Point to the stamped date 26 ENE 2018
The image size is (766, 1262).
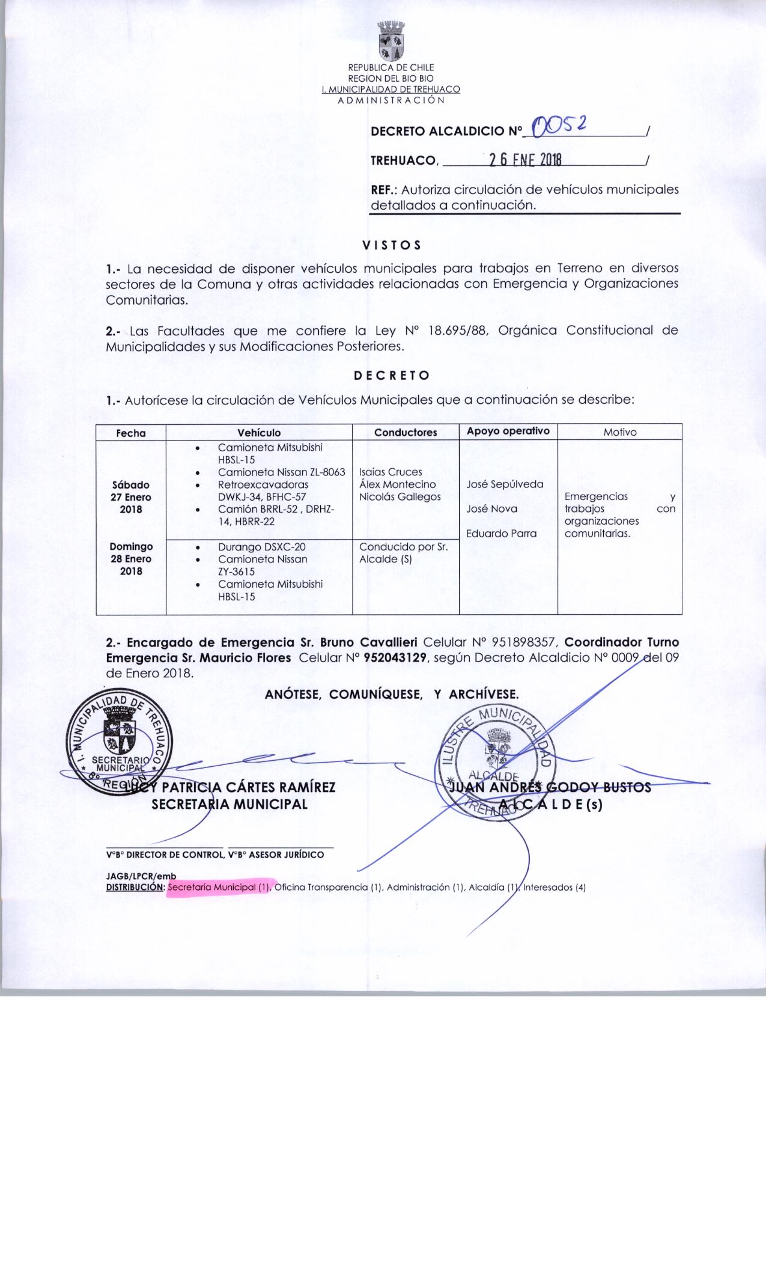[524, 159]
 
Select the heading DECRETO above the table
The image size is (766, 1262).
[391, 376]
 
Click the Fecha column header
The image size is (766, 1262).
[131, 433]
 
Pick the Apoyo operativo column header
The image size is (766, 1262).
[508, 431]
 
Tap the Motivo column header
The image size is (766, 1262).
[619, 432]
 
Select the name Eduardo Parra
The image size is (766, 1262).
[501, 534]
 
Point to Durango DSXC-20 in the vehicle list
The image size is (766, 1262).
[261, 547]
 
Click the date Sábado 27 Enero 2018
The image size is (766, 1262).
[131, 497]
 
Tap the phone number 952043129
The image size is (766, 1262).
[396, 657]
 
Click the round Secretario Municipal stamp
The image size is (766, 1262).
[120, 744]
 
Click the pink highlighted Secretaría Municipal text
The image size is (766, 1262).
[220, 887]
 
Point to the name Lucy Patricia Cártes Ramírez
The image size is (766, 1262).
[228, 787]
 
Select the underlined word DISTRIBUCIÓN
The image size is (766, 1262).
[135, 887]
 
